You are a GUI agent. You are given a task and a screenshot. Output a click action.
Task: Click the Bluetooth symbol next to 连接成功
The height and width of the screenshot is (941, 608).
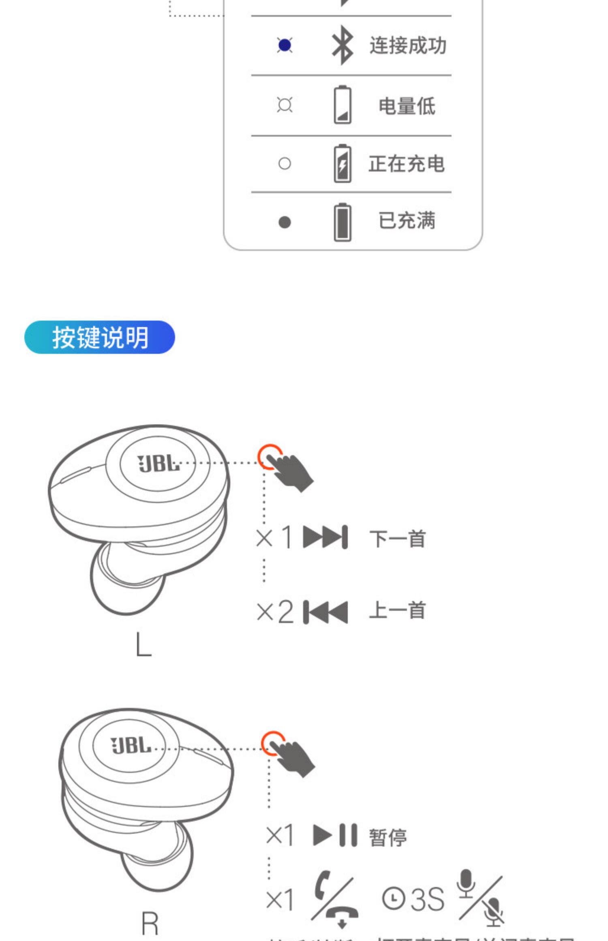[x=342, y=45]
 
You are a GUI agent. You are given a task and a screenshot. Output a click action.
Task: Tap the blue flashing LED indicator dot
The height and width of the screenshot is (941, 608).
[x=285, y=45]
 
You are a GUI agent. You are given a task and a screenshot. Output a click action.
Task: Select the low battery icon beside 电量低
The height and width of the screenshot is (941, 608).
[x=342, y=105]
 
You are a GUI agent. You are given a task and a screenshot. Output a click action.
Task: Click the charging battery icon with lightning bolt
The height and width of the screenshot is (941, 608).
[x=342, y=163]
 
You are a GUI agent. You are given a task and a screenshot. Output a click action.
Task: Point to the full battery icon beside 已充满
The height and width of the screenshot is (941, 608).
[x=342, y=222]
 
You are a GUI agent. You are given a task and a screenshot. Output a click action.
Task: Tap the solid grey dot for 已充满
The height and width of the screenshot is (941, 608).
[x=285, y=222]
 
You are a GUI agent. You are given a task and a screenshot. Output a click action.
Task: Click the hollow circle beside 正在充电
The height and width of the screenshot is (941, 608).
[x=285, y=163]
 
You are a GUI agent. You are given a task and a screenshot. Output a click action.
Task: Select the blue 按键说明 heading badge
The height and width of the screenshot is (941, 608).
[x=99, y=337]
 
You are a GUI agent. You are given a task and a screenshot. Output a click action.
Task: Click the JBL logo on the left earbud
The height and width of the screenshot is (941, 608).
[x=158, y=463]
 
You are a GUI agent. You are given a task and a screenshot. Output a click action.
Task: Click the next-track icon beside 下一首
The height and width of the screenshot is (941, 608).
[x=325, y=537]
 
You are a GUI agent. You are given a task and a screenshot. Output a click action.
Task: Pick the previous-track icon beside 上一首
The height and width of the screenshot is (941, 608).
[x=325, y=612]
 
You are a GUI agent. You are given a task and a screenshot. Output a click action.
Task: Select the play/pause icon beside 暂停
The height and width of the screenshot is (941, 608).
[x=335, y=835]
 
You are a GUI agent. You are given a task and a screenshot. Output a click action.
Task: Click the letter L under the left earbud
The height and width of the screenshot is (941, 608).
[x=143, y=645]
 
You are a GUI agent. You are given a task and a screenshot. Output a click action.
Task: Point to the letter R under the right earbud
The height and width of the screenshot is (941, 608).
[x=150, y=924]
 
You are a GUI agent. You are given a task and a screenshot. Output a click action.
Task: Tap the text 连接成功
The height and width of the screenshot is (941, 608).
[x=407, y=45]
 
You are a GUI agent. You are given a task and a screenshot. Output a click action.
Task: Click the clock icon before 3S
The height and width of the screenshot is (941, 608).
[x=393, y=899]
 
